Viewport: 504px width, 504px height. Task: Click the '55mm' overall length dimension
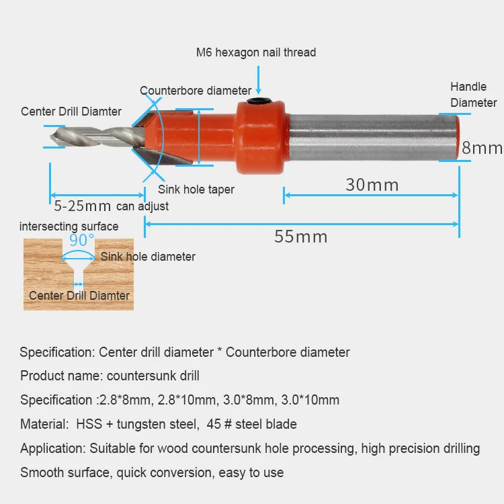pyautogui.click(x=300, y=237)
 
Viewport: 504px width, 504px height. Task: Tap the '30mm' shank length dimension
pyautogui.click(x=372, y=184)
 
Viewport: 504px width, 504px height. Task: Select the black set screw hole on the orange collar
pyautogui.click(x=258, y=102)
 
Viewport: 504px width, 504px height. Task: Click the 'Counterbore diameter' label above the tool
pyautogui.click(x=196, y=91)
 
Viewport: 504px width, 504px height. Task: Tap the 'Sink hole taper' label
pyautogui.click(x=196, y=190)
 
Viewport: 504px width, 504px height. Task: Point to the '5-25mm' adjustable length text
pyautogui.click(x=83, y=206)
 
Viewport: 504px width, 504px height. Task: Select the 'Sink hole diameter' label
pyautogui.click(x=148, y=257)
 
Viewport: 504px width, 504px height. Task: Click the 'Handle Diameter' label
pyautogui.click(x=473, y=95)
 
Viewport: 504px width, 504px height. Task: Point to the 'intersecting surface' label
pyautogui.click(x=69, y=226)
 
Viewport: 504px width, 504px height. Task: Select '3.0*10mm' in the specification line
pyautogui.click(x=310, y=400)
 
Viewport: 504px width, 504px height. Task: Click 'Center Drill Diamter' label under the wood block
pyautogui.click(x=79, y=296)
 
